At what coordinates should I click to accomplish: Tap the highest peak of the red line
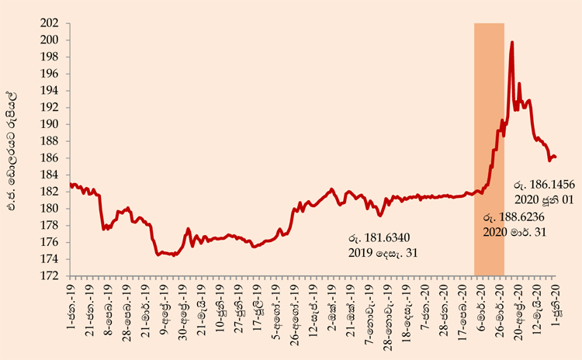[512, 42]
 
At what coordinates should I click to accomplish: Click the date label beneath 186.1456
[544, 199]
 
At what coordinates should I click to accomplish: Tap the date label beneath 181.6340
[383, 253]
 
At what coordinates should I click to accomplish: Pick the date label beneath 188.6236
[514, 232]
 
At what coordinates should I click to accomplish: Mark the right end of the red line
[556, 157]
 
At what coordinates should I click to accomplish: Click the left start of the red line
[71, 184]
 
